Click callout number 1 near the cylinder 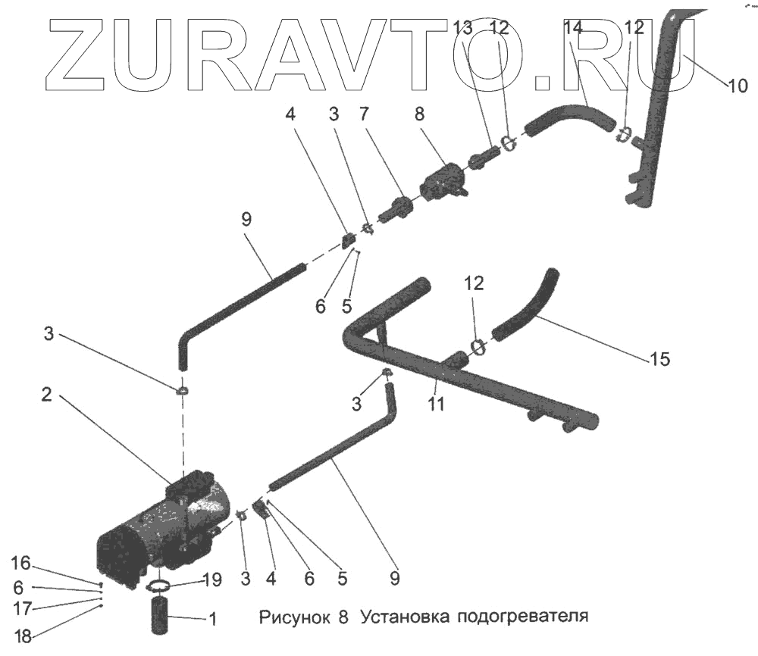click(213, 620)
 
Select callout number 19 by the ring click(213, 579)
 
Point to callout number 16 click(20, 562)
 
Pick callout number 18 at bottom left click(23, 636)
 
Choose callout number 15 click(659, 359)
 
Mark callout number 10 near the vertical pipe click(737, 86)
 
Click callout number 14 click(574, 28)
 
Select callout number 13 click(462, 28)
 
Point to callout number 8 click(420, 115)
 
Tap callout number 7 click(364, 115)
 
